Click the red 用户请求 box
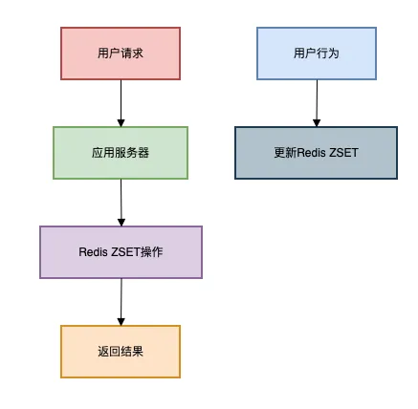point(121,53)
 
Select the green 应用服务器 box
point(121,152)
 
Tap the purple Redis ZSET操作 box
point(121,252)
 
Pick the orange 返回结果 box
point(121,352)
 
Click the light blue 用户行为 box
point(317,53)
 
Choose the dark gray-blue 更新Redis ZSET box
point(316,153)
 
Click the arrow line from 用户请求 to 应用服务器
point(121,99)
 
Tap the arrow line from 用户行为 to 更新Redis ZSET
point(317,99)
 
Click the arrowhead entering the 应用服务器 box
point(121,122)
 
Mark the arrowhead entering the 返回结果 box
point(121,321)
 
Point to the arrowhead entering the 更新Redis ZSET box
point(317,122)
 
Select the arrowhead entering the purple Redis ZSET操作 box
point(121,222)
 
